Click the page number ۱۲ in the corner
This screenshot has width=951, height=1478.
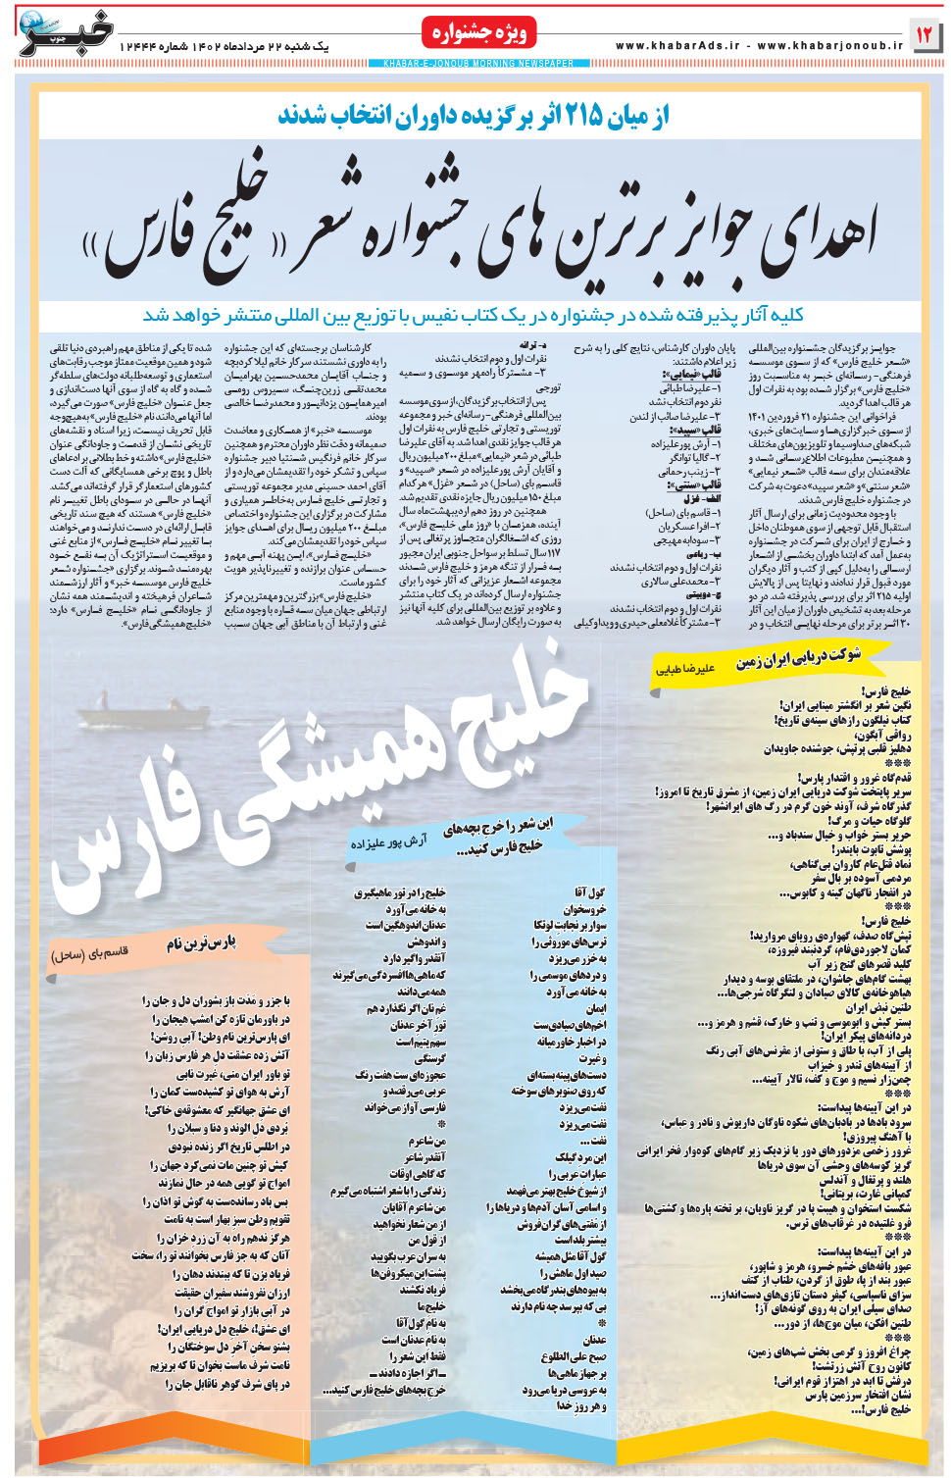924,35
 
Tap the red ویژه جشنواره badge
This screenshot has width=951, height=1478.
480,33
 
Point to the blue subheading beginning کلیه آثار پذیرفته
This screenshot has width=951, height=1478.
474,315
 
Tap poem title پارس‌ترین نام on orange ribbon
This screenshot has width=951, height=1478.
201,943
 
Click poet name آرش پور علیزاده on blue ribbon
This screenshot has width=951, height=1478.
388,842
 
